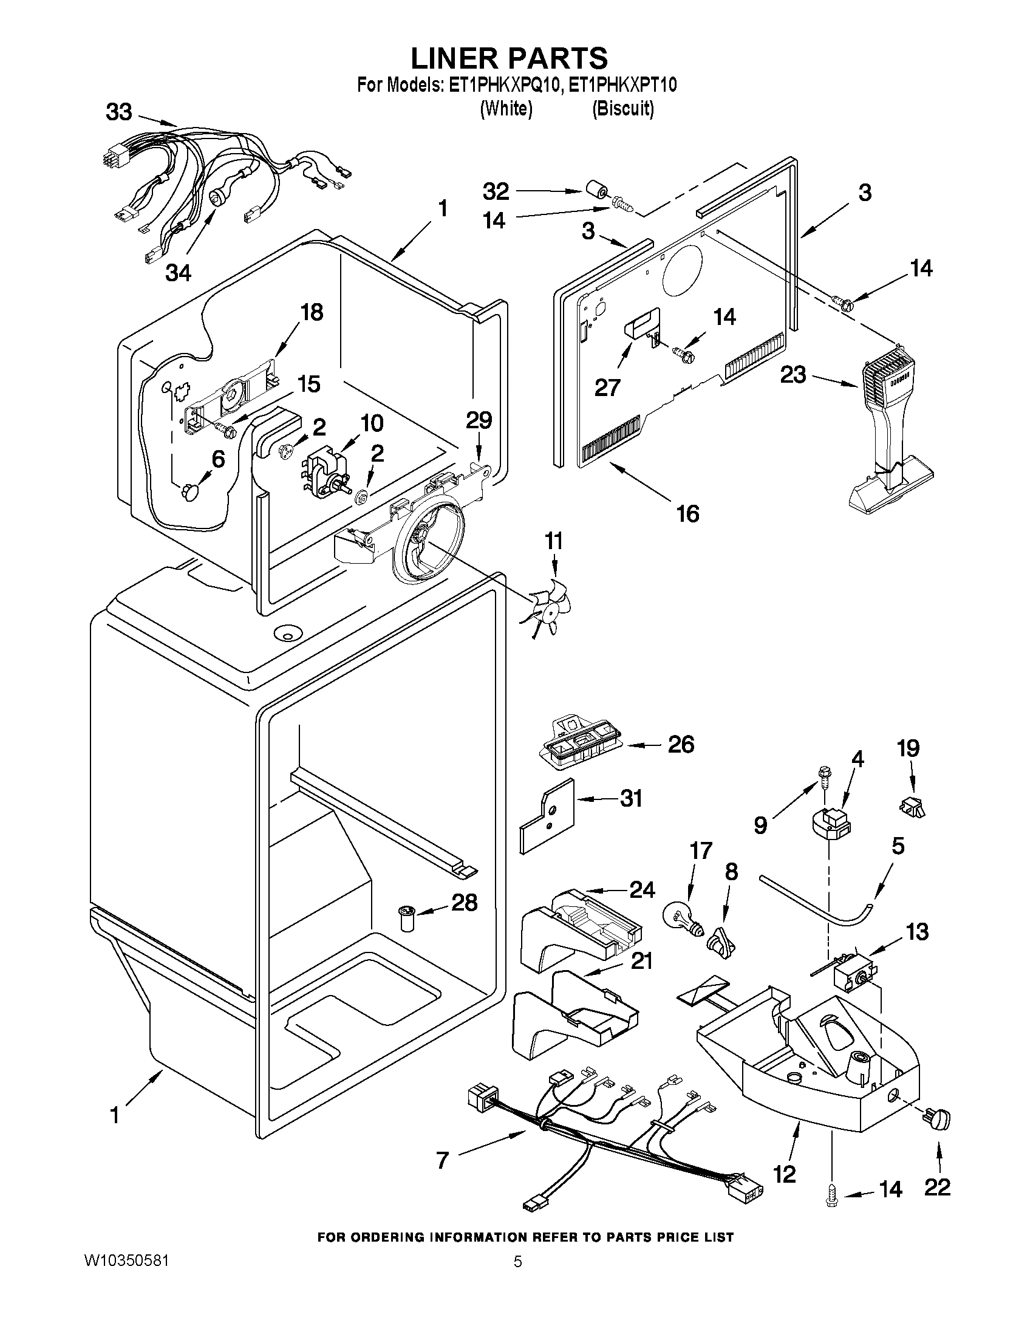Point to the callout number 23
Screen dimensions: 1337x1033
pyautogui.click(x=793, y=375)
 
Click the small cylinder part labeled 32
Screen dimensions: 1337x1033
pyautogui.click(x=598, y=190)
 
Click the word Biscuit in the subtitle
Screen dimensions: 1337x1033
pyautogui.click(x=623, y=109)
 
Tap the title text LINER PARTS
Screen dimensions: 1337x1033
pyautogui.click(x=509, y=58)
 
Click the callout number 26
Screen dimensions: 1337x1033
pyautogui.click(x=681, y=744)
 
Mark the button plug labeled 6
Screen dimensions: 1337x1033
pyautogui.click(x=188, y=490)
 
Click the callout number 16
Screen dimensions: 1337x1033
pyautogui.click(x=688, y=514)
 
